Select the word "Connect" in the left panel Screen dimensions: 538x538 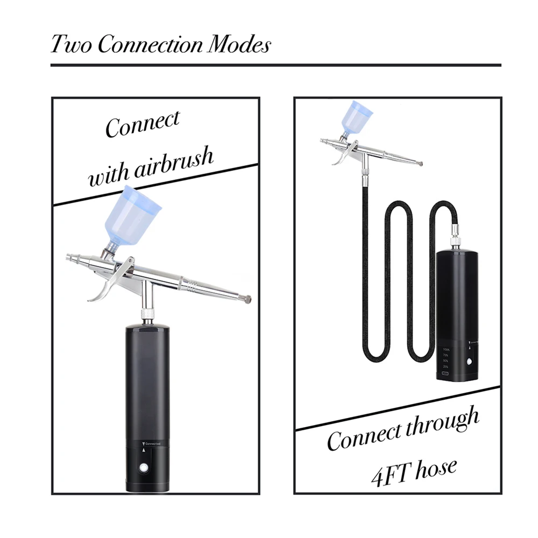(x=142, y=124)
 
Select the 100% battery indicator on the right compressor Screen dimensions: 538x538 (x=447, y=349)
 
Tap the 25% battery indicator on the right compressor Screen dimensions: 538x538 (x=447, y=366)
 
